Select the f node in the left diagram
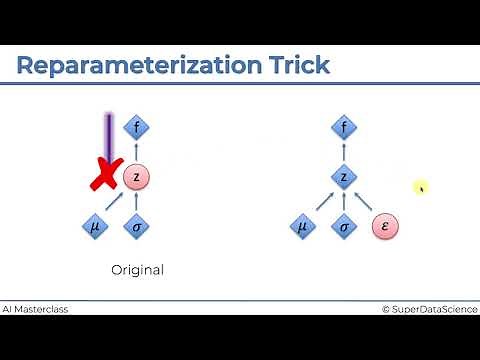(x=137, y=127)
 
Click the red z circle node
(x=137, y=177)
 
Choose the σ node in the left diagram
(x=137, y=227)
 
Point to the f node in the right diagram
(x=344, y=127)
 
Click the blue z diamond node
(x=344, y=177)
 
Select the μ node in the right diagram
(x=301, y=227)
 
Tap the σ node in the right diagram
(x=344, y=227)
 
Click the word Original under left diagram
(x=137, y=270)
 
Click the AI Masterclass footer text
(x=35, y=309)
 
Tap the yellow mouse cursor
(x=422, y=187)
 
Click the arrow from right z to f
(x=344, y=152)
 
